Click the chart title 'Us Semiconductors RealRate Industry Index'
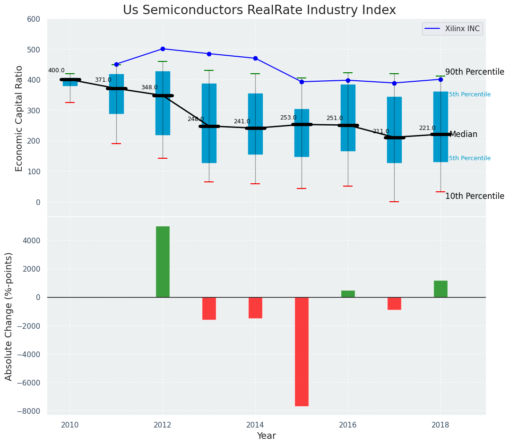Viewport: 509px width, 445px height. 259,10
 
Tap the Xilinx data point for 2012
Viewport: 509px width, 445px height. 163,49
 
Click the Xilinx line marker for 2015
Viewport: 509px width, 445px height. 302,82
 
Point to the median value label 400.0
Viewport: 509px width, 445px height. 56,70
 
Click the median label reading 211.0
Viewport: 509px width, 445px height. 380,131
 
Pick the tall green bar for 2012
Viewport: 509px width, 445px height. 163,262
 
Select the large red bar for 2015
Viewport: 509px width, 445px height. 302,351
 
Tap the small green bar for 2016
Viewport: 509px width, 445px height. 348,294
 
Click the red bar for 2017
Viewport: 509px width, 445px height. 394,303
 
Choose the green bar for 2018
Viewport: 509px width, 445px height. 440,289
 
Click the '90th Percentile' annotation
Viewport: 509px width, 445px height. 474,72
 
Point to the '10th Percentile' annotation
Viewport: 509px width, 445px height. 474,196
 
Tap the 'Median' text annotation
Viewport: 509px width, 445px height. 463,135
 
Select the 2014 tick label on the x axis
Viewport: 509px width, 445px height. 255,424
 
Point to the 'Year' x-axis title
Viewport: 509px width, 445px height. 266,436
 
